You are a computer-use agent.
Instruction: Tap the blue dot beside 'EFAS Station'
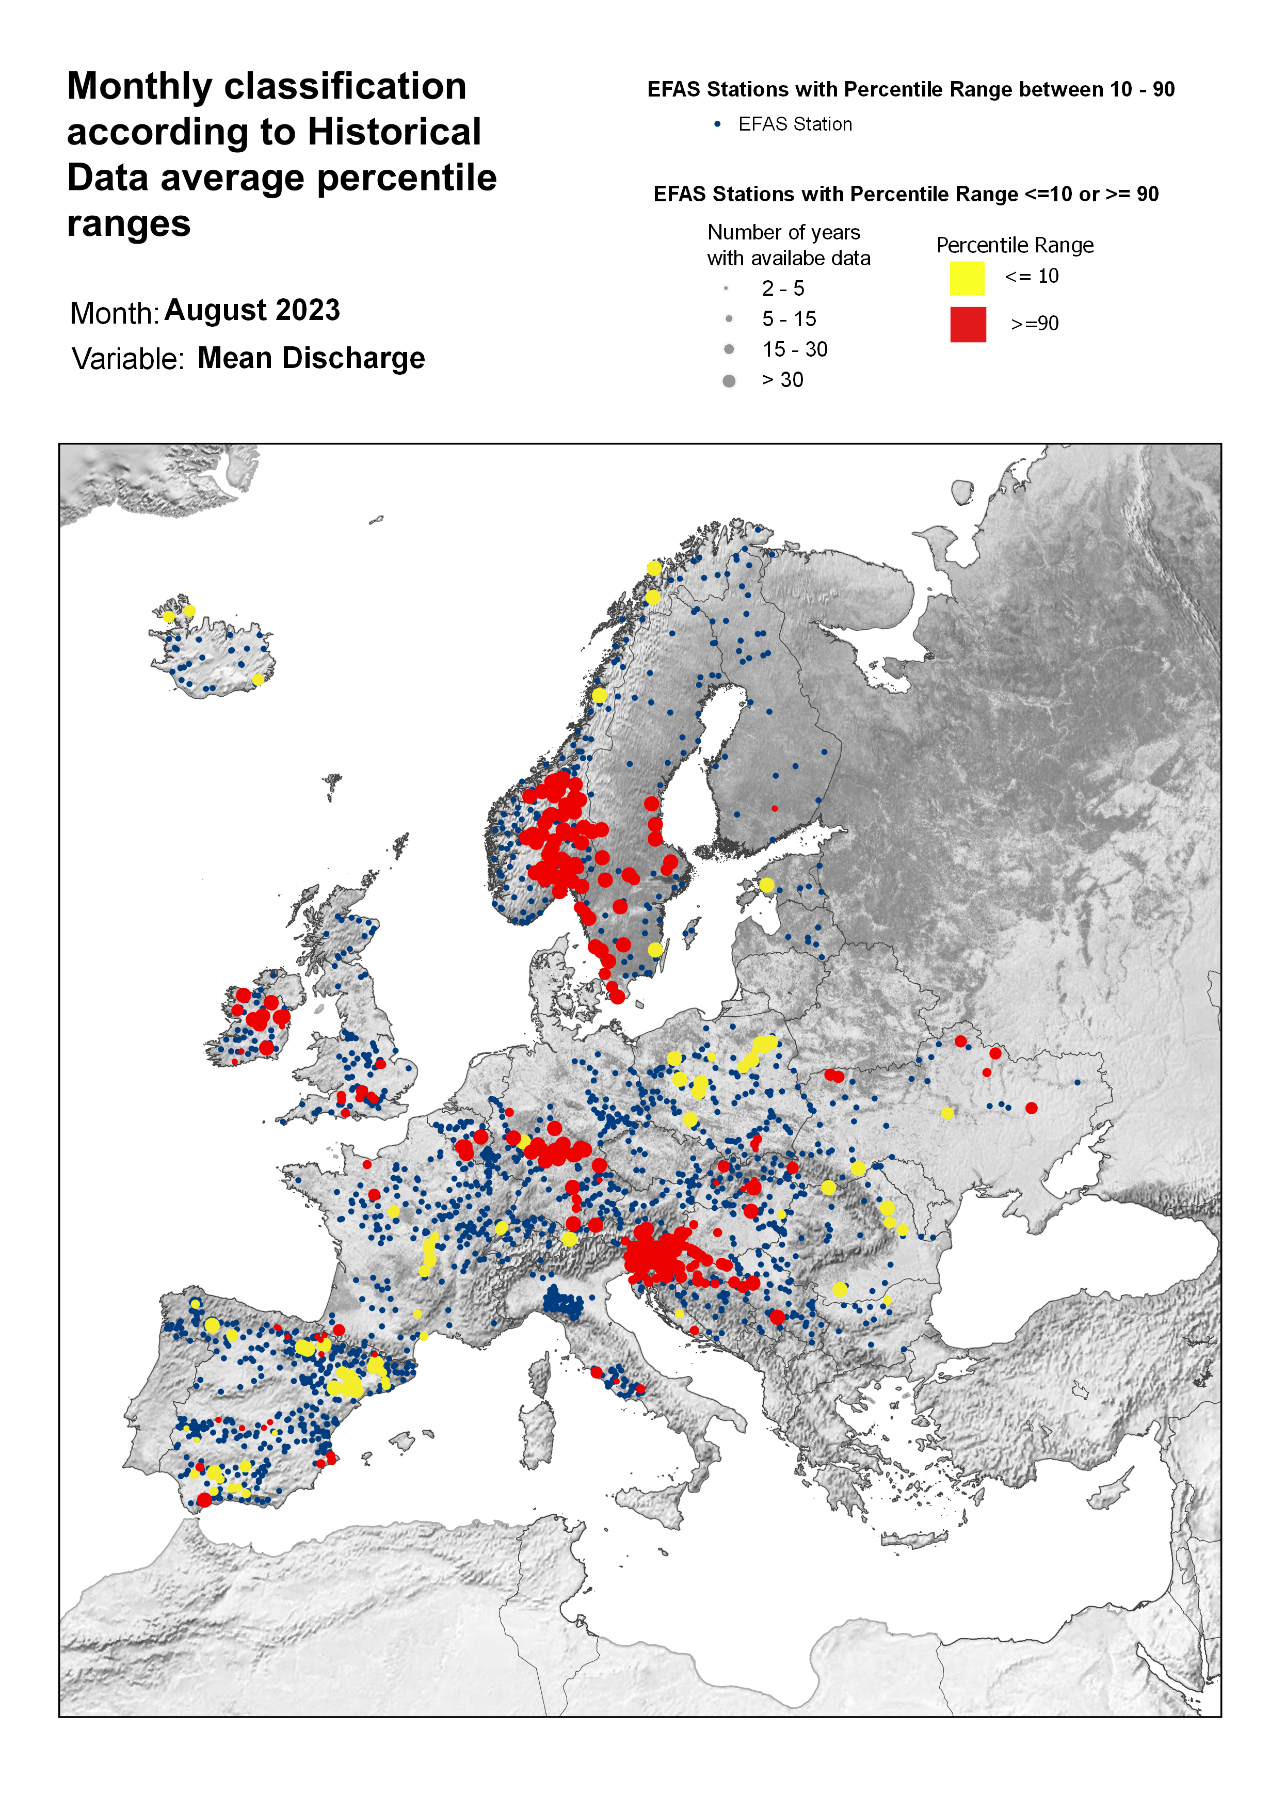coord(717,124)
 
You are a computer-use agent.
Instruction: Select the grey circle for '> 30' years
coord(729,381)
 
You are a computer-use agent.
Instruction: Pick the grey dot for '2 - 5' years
coord(726,288)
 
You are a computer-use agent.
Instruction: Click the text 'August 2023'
coord(252,310)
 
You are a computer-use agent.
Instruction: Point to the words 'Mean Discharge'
coord(311,359)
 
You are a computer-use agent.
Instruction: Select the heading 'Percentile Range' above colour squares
coord(1015,246)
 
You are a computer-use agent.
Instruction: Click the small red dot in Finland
coord(775,808)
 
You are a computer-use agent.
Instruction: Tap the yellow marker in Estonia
coord(766,885)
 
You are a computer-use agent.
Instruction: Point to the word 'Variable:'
coord(127,359)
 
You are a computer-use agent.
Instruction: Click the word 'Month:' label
coord(115,314)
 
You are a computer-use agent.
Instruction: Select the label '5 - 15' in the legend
coord(789,319)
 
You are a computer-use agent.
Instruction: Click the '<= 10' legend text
coord(1031,276)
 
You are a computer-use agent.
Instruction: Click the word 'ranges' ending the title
coord(128,224)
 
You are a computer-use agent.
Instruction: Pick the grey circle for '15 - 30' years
coord(729,349)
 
